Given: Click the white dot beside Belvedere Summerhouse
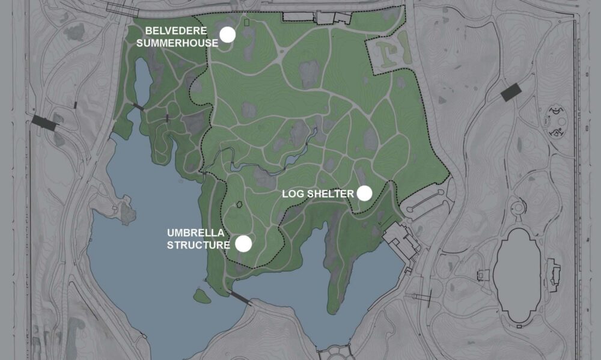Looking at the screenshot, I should tap(227, 35).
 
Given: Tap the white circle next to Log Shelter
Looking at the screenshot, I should tap(364, 193).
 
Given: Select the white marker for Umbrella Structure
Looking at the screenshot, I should tap(243, 243).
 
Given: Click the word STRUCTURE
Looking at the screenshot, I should tap(198, 245).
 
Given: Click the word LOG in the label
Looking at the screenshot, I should tap(293, 194).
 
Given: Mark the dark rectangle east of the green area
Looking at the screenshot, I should tap(511, 92).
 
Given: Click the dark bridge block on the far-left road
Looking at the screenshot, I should tap(44, 123).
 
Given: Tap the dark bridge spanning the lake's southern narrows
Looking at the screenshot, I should tap(239, 297).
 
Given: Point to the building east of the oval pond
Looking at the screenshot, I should tap(553, 275).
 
